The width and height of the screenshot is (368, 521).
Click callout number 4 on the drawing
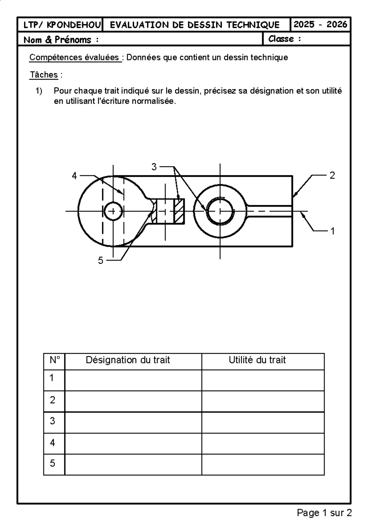click(74, 176)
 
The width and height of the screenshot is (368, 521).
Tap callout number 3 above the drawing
click(154, 167)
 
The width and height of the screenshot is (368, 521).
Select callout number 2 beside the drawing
click(332, 176)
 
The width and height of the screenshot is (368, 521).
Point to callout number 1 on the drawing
click(332, 231)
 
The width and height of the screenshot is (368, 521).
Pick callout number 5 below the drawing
click(101, 260)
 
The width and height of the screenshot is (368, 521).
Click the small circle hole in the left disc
click(113, 211)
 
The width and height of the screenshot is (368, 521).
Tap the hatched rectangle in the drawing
click(179, 211)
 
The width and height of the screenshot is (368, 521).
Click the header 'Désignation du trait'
click(128, 360)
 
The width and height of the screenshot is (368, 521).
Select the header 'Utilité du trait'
click(257, 360)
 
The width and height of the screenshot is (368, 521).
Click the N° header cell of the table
click(55, 360)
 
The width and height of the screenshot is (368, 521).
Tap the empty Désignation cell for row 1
click(133, 380)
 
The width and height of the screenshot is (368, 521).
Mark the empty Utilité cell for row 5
click(263, 465)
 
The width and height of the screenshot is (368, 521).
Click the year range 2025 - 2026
click(320, 25)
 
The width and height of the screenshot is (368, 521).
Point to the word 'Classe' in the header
click(281, 39)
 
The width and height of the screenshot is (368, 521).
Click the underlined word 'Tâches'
click(44, 75)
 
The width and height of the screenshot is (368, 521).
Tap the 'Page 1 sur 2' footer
click(324, 513)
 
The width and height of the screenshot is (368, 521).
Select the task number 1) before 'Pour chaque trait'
click(39, 91)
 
